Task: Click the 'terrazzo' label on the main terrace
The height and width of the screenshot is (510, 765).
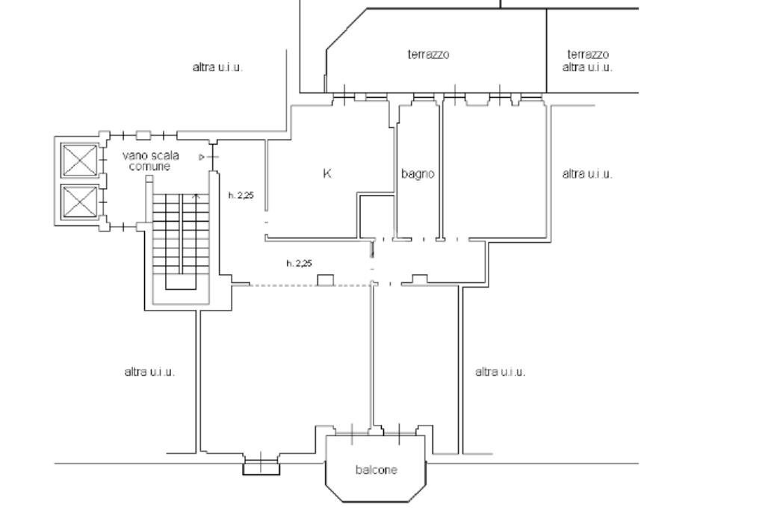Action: click(429, 55)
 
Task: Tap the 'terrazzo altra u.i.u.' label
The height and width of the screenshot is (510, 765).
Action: click(588, 60)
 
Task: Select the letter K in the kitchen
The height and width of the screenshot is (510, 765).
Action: click(327, 173)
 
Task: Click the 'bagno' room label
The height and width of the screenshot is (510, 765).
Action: click(418, 174)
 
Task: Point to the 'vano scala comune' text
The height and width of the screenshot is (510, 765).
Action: click(150, 161)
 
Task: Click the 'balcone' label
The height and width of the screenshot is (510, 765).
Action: click(377, 470)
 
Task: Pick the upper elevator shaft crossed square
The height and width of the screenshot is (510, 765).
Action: click(79, 160)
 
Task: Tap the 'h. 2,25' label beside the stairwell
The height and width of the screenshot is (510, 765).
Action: click(242, 196)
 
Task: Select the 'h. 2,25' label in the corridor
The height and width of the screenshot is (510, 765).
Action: click(299, 263)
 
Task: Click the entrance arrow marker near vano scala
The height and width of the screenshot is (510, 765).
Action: click(202, 157)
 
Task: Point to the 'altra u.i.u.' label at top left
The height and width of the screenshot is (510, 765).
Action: click(218, 67)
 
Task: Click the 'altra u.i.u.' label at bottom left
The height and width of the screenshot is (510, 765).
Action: click(149, 371)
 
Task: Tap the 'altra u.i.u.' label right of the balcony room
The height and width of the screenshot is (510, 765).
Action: click(501, 371)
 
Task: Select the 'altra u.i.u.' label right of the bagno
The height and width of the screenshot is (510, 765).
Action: click(587, 174)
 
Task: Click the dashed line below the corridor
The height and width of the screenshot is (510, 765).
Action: click(284, 284)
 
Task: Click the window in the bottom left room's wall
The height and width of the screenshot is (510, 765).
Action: click(261, 468)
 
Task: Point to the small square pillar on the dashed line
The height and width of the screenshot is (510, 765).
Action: click(325, 279)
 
